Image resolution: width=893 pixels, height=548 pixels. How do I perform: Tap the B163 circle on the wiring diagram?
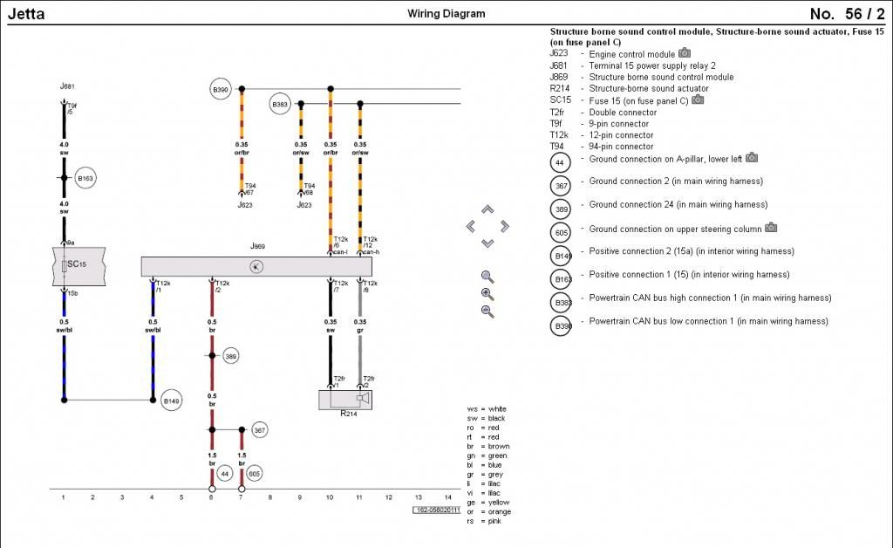[85, 177]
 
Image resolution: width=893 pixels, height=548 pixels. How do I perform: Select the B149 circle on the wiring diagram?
[172, 401]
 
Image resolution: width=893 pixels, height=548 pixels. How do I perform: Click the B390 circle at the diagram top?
[220, 89]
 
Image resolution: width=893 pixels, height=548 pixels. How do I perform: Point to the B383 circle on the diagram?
[280, 104]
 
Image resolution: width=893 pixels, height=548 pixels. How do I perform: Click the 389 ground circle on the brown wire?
[230, 356]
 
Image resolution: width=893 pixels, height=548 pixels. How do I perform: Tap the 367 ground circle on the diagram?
[259, 429]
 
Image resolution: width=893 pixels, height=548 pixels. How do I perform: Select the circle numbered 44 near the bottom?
[224, 473]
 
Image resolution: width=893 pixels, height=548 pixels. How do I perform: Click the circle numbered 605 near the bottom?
[254, 473]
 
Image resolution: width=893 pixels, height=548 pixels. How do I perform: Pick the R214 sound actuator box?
[346, 400]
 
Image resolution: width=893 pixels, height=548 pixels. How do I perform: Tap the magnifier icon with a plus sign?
[487, 294]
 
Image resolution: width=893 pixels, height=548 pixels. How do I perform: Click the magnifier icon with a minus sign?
[487, 312]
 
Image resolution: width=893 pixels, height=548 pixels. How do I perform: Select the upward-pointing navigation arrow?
[487, 209]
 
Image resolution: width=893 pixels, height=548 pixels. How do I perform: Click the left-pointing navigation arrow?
[471, 226]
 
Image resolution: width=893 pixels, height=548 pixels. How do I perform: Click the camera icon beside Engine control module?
[685, 53]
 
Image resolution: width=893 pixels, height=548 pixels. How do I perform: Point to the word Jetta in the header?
[25, 14]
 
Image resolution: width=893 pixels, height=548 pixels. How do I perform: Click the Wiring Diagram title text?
[446, 14]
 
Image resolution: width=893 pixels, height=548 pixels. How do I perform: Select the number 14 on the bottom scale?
[447, 497]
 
